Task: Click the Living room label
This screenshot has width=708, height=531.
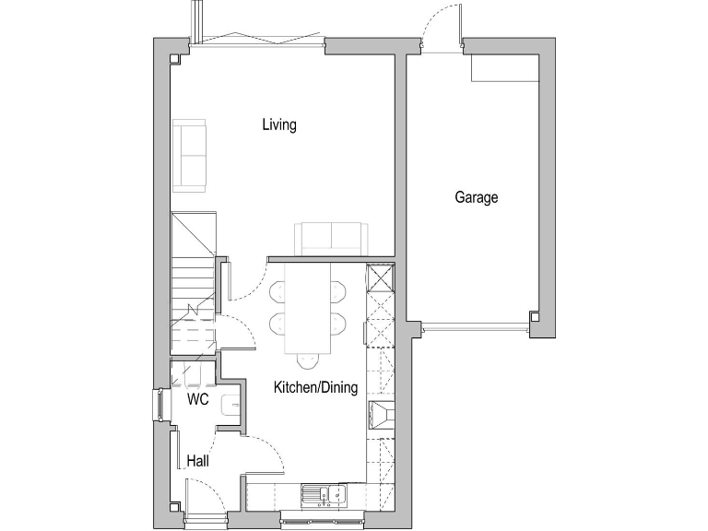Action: pos(278,124)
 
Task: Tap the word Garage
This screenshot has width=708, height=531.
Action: pos(476,197)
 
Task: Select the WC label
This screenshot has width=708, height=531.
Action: pos(197,400)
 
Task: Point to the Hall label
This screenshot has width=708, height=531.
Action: pos(197,460)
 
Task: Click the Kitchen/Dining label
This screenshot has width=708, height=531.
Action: pos(315,388)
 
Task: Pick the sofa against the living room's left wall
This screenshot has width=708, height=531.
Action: pos(191,155)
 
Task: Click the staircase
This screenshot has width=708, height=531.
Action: pos(193,277)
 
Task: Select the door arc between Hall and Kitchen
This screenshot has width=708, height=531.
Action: pos(263,452)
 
